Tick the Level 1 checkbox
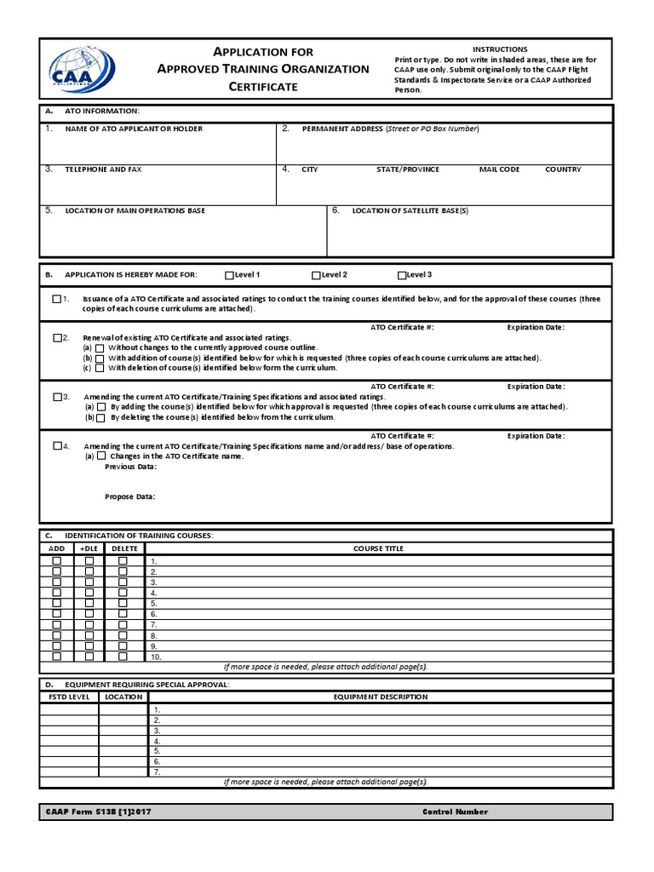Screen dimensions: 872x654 click(229, 275)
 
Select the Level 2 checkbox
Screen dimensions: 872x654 click(316, 275)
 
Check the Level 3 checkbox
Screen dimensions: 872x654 click(402, 275)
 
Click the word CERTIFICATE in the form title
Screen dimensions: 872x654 click(263, 86)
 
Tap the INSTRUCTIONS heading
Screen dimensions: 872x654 click(500, 49)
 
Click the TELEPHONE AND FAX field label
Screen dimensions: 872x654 click(103, 169)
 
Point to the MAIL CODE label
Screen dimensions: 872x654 click(499, 169)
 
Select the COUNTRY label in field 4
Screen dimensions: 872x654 click(563, 169)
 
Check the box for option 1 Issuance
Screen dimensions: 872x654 click(57, 299)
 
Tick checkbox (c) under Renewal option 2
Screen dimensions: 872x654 click(100, 368)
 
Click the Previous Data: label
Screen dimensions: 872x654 click(130, 467)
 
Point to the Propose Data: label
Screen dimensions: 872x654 click(129, 496)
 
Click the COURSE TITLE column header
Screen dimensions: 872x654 click(378, 548)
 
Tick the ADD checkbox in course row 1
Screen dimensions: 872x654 click(57, 561)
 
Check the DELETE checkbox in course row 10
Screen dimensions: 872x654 click(123, 657)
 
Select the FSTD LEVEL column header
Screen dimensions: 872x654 click(68, 697)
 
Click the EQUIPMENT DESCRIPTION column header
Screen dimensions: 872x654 click(380, 697)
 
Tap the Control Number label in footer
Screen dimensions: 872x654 click(455, 812)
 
